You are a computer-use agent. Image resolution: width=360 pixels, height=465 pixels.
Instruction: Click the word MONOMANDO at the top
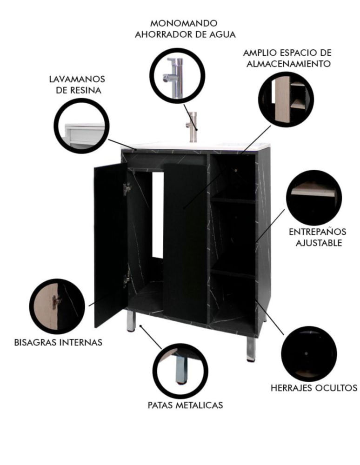[184, 23]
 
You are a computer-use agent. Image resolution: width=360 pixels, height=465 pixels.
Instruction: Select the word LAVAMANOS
[77, 79]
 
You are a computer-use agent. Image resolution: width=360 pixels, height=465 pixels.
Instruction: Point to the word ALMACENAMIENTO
[288, 64]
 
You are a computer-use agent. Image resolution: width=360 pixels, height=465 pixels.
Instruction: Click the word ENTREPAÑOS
[318, 232]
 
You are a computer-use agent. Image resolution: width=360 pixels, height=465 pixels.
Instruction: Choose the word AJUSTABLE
[319, 243]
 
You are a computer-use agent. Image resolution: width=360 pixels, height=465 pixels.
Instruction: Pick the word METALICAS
[199, 405]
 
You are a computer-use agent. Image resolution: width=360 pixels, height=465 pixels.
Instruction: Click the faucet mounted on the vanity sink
[192, 126]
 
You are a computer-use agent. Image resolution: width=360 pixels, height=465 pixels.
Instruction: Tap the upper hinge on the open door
[127, 189]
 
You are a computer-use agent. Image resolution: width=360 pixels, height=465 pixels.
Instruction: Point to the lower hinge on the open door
[127, 279]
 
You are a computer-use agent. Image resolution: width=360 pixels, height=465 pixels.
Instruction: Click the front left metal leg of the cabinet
[131, 321]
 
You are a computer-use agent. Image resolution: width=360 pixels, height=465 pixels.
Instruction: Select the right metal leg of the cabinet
[251, 349]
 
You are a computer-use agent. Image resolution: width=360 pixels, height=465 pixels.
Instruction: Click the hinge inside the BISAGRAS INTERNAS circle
[56, 302]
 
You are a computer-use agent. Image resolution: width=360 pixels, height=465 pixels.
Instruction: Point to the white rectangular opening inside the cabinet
[158, 215]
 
